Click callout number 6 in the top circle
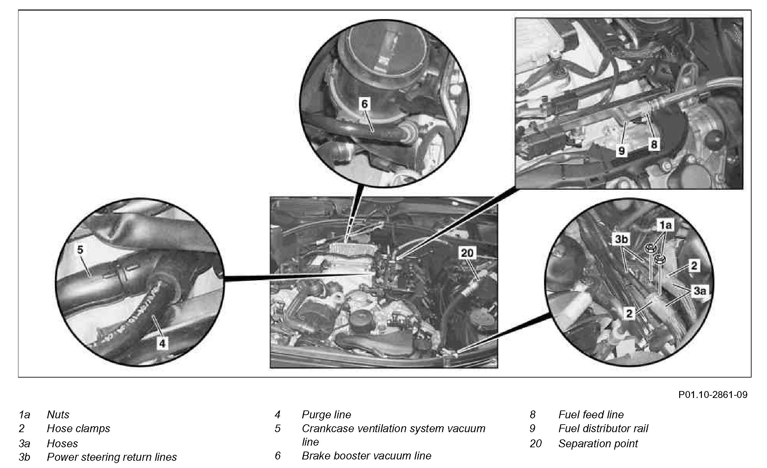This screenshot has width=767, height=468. [x=364, y=104]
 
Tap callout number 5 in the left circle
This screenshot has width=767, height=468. [x=80, y=250]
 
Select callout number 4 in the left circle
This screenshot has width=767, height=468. [x=162, y=344]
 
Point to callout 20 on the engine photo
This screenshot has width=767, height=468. [x=467, y=253]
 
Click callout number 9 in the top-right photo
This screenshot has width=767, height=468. [x=621, y=151]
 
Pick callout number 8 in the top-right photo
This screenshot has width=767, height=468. [x=654, y=144]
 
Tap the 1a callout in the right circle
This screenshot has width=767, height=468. [x=665, y=225]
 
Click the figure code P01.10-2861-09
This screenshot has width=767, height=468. [x=713, y=394]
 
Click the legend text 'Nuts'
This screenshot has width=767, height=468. [x=58, y=414]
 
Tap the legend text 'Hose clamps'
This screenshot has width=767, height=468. [x=78, y=429]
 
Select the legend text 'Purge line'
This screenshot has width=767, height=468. [x=326, y=414]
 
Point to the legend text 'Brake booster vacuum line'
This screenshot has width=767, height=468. [x=366, y=456]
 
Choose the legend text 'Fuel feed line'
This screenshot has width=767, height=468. [x=591, y=414]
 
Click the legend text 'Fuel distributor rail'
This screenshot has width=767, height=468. [x=603, y=429]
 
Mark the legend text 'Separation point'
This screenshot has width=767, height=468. [x=598, y=443]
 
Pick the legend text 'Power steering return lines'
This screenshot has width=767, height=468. [x=112, y=457]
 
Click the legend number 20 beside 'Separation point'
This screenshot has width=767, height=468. [x=535, y=443]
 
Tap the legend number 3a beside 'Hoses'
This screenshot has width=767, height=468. [x=24, y=443]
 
